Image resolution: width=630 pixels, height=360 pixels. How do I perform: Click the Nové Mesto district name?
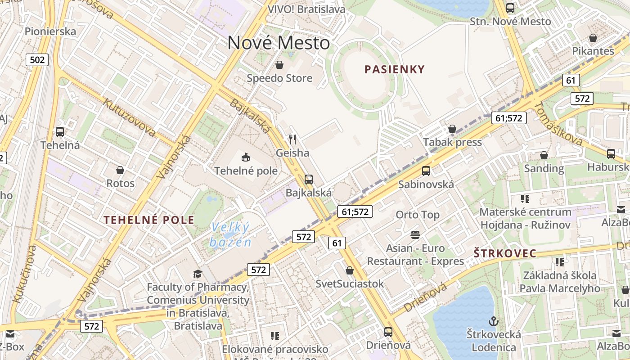click(x=279, y=43)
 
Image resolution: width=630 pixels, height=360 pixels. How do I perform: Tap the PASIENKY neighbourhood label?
click(x=395, y=69)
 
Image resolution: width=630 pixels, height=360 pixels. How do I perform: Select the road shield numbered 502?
click(x=37, y=60)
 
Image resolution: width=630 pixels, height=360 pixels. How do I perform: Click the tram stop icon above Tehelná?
click(x=60, y=132)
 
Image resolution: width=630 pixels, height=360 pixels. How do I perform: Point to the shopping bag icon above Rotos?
click(x=120, y=170)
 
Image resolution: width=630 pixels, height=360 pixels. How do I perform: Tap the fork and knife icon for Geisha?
click(x=292, y=139)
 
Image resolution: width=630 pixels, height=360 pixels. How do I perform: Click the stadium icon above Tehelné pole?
click(x=246, y=157)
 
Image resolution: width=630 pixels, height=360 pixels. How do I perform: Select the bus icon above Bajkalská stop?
click(x=309, y=179)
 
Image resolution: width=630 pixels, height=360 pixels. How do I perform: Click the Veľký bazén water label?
click(x=230, y=234)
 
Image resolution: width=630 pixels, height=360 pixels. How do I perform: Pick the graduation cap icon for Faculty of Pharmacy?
click(x=198, y=274)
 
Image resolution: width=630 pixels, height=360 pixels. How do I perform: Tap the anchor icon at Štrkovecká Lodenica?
click(x=494, y=321)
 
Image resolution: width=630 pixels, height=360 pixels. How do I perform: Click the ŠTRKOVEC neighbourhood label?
click(x=505, y=254)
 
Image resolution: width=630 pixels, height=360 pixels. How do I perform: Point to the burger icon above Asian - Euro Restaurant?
click(x=415, y=234)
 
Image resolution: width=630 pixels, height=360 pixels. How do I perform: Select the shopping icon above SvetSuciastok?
click(x=350, y=270)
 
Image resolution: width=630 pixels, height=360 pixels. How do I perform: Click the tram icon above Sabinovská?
click(x=426, y=171)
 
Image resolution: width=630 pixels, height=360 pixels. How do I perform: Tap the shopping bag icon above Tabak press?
click(x=452, y=129)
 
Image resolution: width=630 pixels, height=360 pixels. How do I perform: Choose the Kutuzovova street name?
click(x=129, y=117)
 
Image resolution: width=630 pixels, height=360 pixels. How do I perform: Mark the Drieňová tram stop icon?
click(x=388, y=332)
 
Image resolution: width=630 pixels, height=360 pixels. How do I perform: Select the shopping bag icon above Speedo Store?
click(x=279, y=65)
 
